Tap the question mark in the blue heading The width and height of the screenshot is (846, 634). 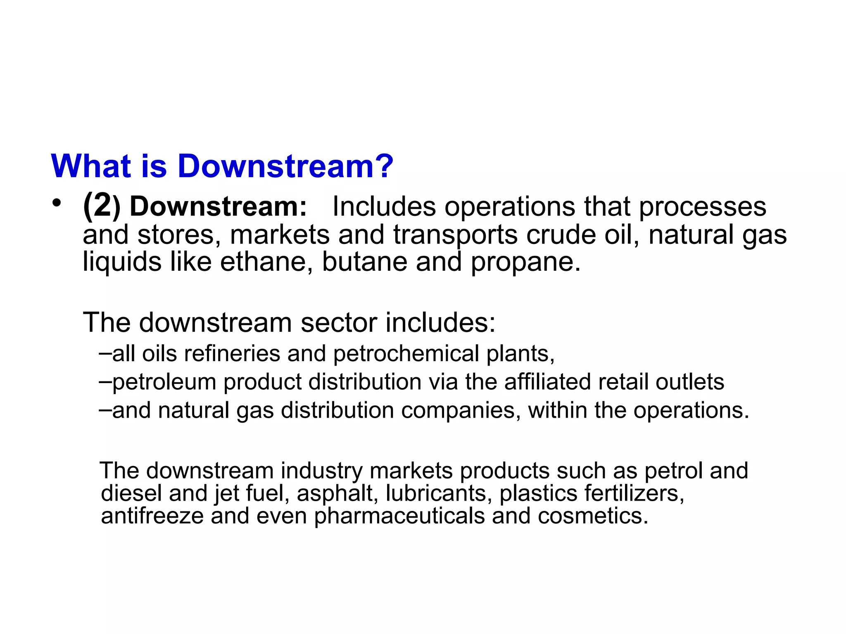(385, 166)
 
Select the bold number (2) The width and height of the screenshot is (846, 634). (102, 206)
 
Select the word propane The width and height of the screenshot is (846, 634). (525, 263)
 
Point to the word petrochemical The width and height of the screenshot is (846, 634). (406, 354)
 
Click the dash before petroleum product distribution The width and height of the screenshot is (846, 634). (105, 381)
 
